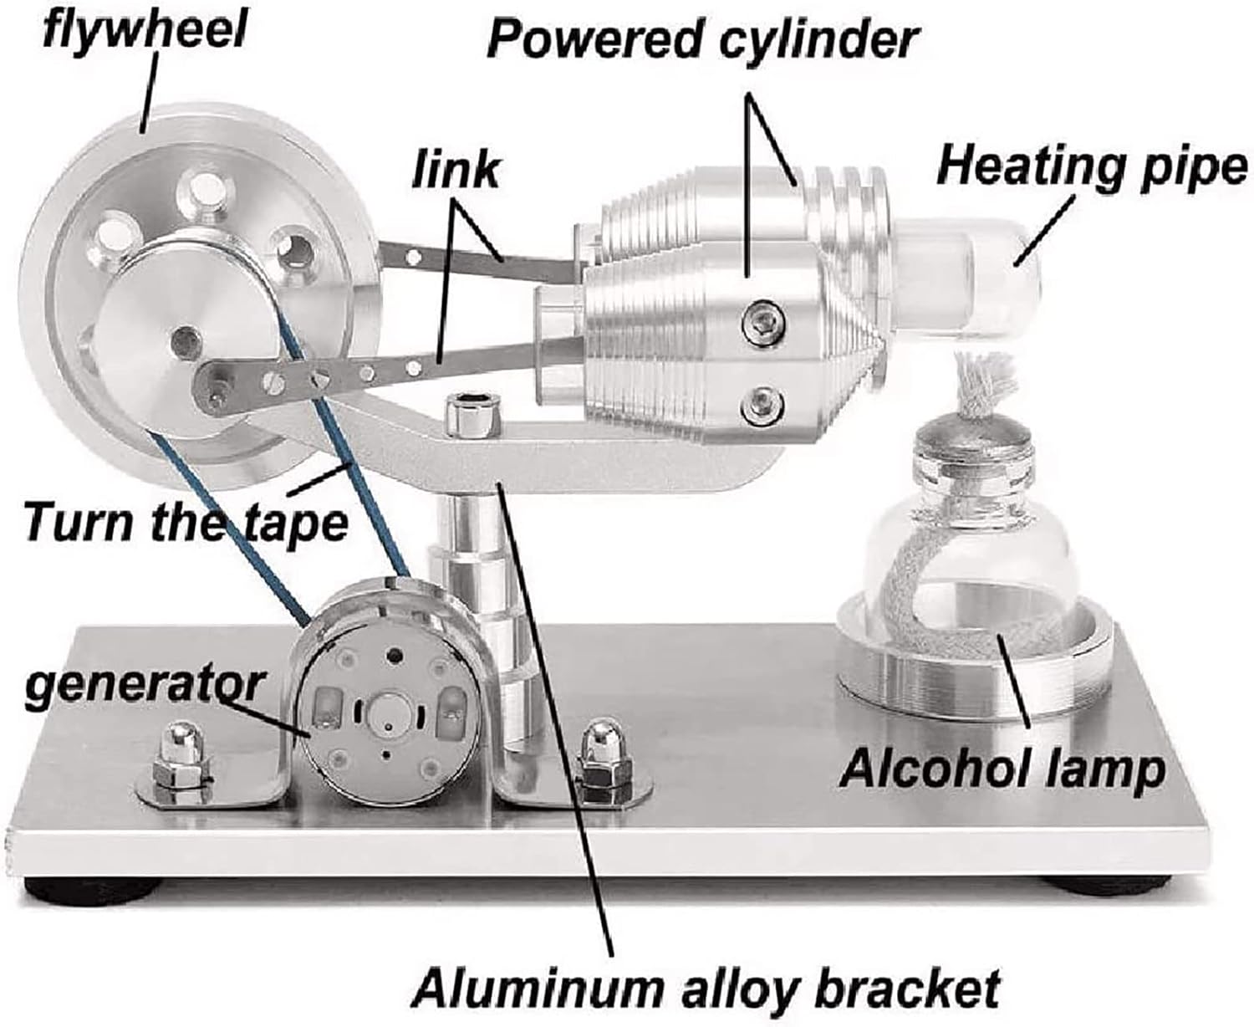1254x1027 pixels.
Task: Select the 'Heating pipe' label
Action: click(x=1091, y=166)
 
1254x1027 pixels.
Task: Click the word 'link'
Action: click(x=456, y=170)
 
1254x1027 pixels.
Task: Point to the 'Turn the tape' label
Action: click(x=184, y=522)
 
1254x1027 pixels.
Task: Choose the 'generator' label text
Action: click(x=142, y=686)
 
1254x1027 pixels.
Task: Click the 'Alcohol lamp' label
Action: click(x=1002, y=767)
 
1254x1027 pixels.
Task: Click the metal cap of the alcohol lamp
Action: click(x=975, y=436)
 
